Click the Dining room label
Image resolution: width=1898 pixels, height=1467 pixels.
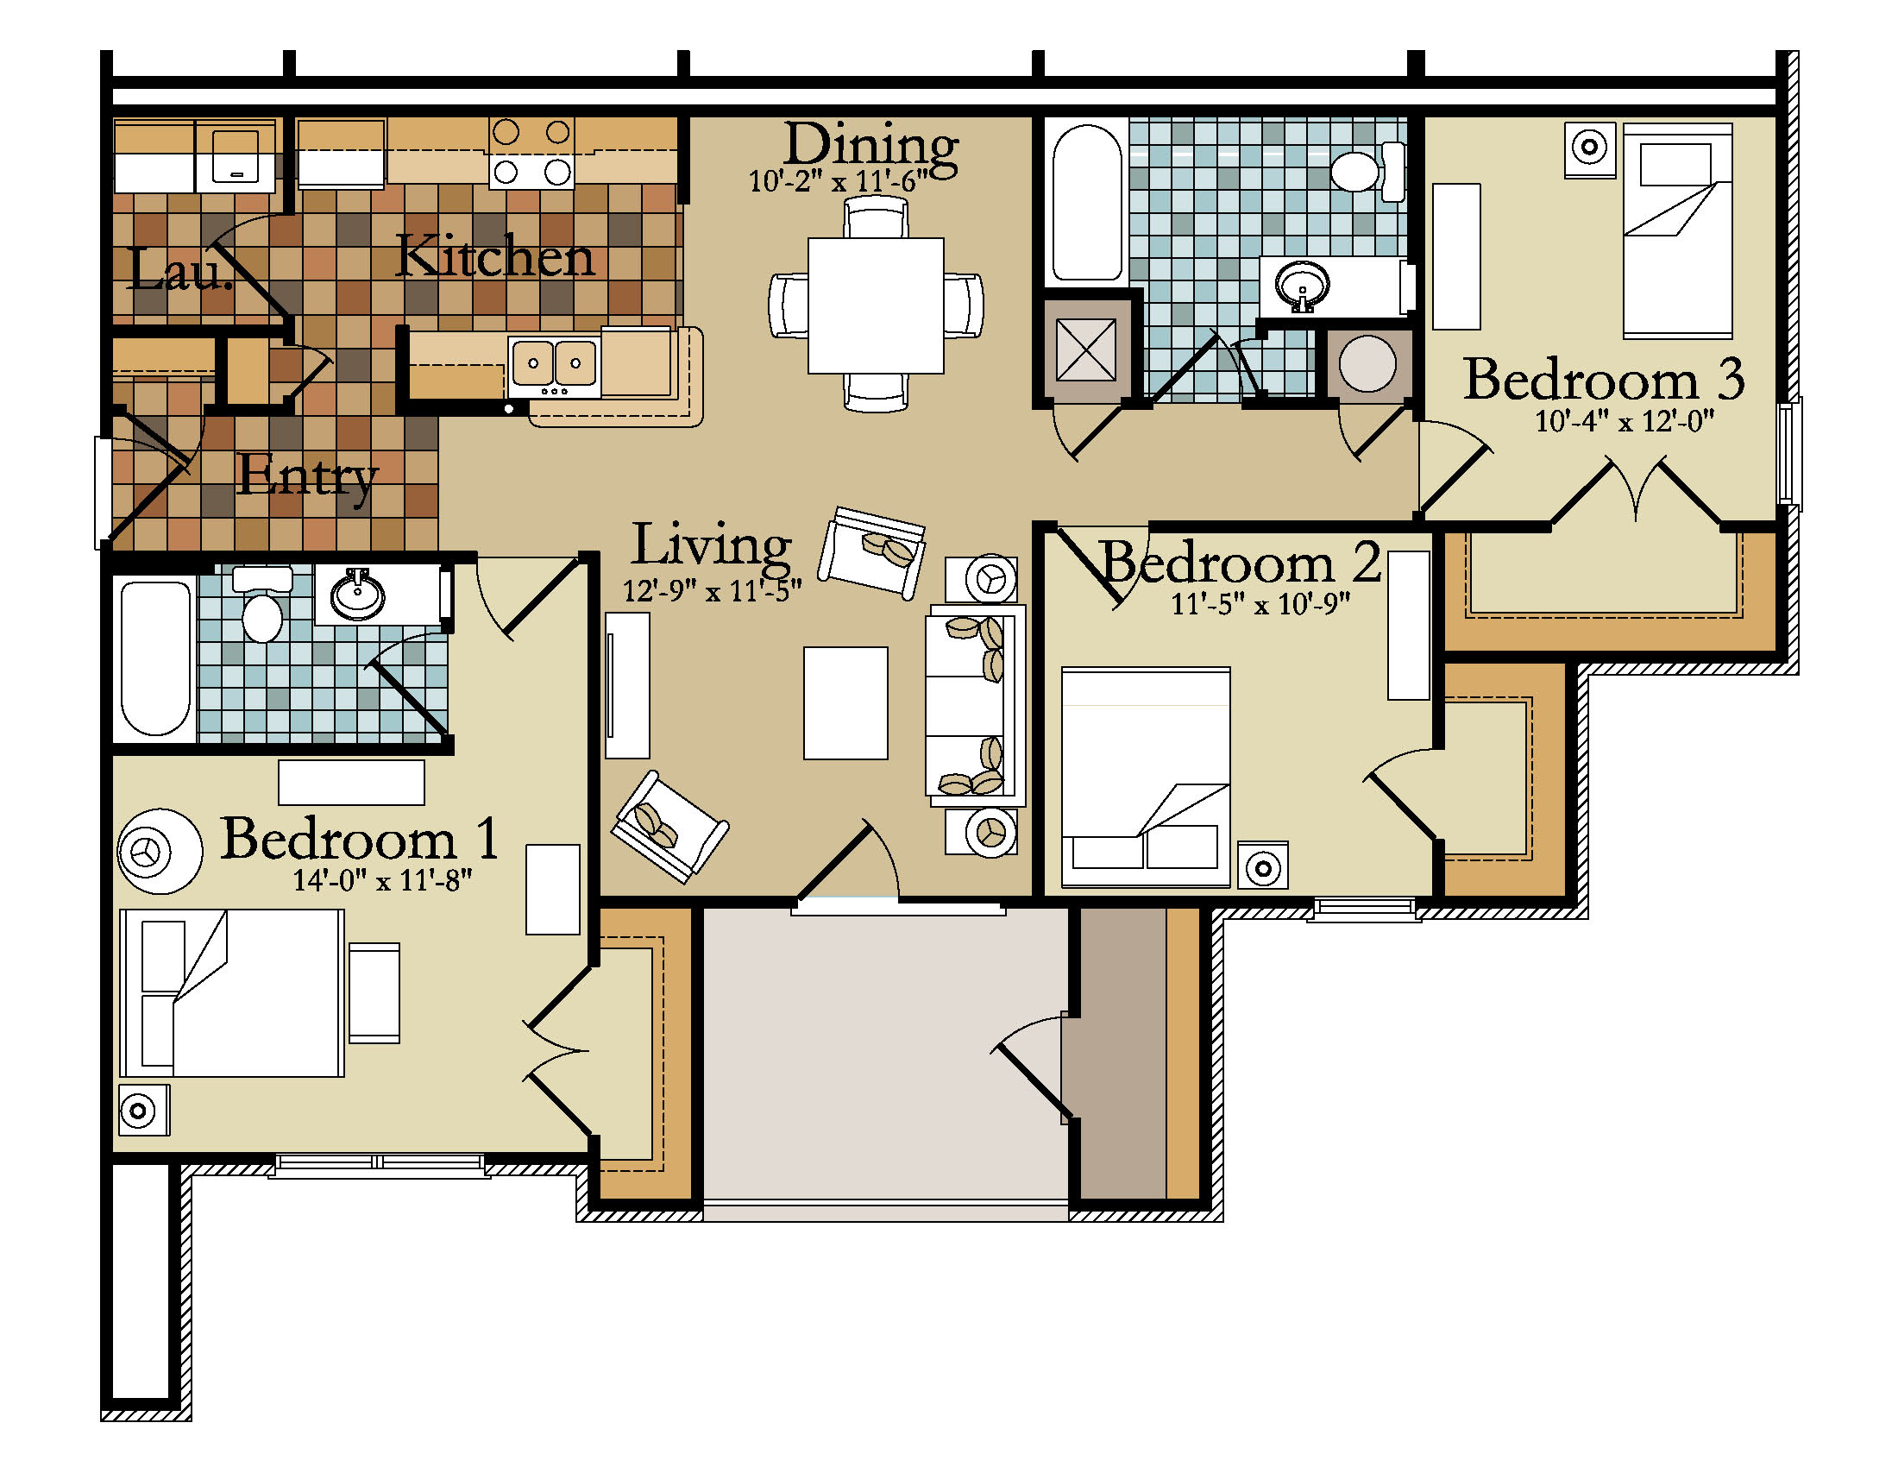(870, 144)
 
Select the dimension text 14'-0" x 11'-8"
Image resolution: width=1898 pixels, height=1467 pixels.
(382, 880)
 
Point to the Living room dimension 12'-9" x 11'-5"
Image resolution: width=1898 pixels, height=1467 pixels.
(712, 591)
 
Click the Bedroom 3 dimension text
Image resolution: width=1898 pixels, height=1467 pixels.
(1625, 421)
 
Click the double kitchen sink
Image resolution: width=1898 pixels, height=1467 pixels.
(554, 362)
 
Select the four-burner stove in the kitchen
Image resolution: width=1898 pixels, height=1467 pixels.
(531, 153)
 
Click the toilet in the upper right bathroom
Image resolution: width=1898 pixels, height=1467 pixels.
(1368, 171)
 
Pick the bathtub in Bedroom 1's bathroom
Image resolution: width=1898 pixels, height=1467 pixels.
(155, 658)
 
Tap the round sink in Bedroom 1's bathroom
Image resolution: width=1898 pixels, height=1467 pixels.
(357, 595)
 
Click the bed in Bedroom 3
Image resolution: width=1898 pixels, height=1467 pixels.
(1677, 230)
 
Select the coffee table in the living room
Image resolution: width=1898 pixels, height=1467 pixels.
(845, 703)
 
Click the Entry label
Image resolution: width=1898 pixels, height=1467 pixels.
(307, 477)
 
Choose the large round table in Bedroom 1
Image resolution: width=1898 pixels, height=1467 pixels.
(160, 851)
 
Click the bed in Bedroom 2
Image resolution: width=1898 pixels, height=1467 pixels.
(1146, 777)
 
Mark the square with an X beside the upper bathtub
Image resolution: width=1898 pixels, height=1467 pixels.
(1085, 350)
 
